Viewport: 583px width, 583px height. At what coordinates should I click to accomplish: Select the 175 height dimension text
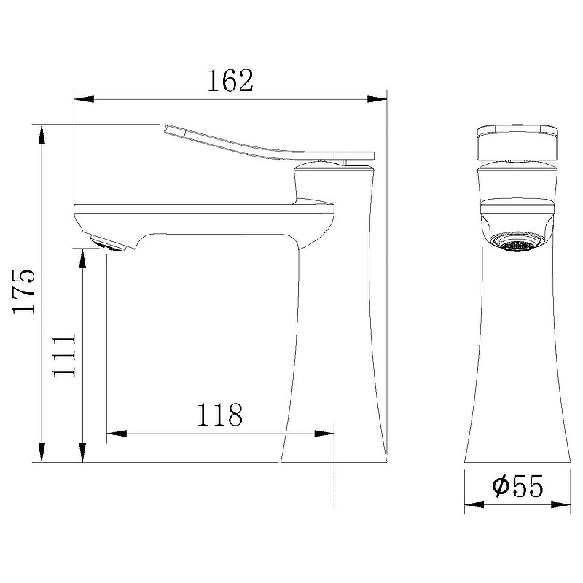tap(23, 291)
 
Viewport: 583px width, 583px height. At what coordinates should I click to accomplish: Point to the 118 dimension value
tap(219, 415)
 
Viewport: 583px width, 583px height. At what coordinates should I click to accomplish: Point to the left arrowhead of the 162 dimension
tap(82, 98)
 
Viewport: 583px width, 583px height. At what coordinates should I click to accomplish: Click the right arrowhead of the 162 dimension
tap(378, 98)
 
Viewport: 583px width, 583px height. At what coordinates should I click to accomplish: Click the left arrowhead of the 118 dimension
tap(115, 434)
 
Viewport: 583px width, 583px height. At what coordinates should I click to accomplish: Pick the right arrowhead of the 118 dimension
tap(326, 434)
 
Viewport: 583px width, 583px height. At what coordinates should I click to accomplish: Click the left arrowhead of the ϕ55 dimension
tap(473, 504)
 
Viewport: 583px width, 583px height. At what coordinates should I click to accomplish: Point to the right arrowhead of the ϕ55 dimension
tap(564, 504)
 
